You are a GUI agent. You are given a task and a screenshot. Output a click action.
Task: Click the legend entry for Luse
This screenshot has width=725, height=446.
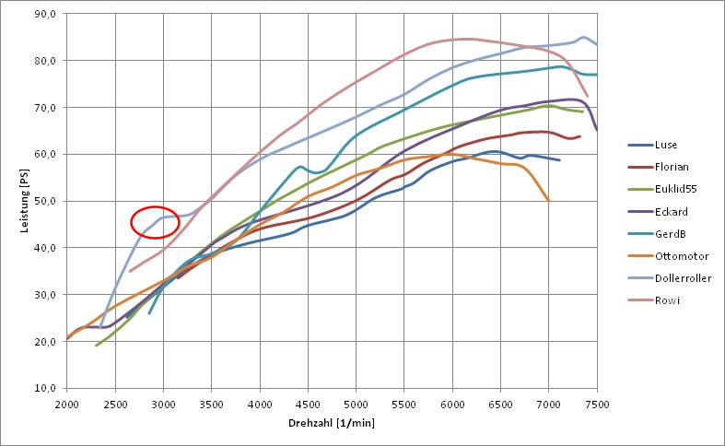[664, 145]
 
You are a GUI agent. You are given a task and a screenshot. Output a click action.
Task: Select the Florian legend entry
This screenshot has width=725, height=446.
[670, 167]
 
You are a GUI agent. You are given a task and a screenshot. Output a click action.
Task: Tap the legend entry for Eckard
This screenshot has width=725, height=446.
[669, 211]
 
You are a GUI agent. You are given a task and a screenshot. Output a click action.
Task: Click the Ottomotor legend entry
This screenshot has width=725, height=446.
[676, 255]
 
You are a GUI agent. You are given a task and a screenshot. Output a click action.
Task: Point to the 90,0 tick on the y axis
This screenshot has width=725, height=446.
[46, 15]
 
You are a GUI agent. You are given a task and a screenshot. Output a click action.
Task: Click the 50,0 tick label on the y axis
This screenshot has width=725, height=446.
[46, 201]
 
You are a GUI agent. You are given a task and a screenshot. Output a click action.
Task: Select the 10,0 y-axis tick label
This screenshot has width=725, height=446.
[46, 388]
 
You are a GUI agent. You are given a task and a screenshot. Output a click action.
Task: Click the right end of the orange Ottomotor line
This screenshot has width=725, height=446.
[549, 201]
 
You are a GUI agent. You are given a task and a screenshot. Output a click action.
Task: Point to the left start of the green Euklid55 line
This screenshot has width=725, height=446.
[96, 346]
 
